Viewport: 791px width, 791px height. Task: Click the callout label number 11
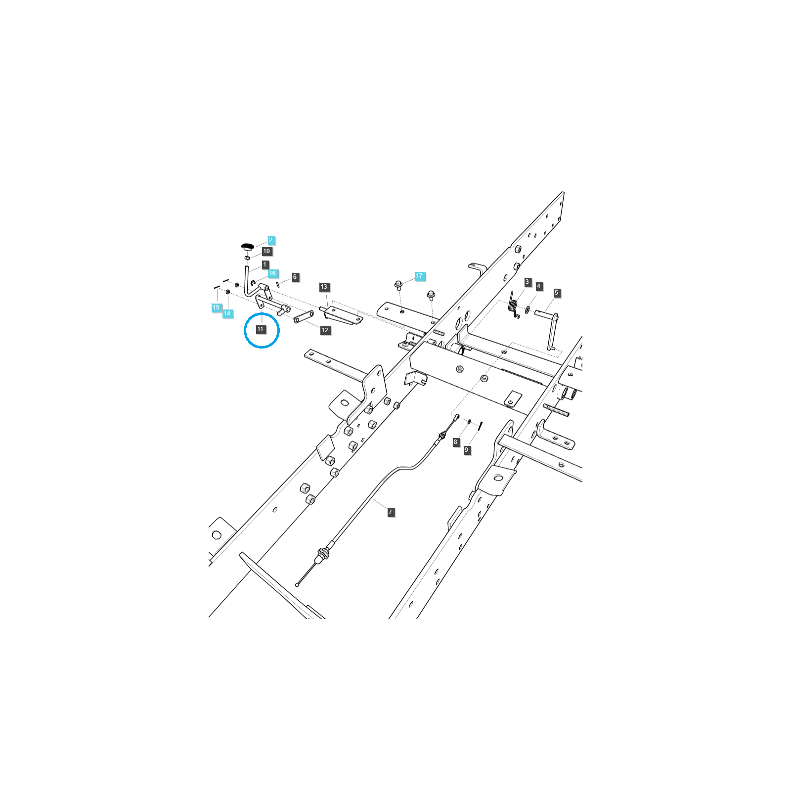click(x=261, y=329)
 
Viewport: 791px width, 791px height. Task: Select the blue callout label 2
click(x=270, y=240)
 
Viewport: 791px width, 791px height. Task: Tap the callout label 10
click(x=266, y=251)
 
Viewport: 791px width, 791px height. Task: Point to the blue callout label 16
click(x=272, y=273)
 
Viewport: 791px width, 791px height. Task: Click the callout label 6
click(x=295, y=277)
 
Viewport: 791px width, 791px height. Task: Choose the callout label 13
click(x=324, y=287)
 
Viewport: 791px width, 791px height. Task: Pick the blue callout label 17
click(x=419, y=276)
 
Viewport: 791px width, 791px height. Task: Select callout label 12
click(x=325, y=330)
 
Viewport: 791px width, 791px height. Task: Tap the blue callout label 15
click(x=216, y=308)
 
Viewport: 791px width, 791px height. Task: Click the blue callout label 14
click(x=227, y=313)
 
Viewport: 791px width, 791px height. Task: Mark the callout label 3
click(x=527, y=282)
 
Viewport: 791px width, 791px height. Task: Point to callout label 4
click(x=539, y=286)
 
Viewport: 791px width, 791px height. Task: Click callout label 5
click(x=556, y=293)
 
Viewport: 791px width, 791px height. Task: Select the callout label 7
click(x=391, y=512)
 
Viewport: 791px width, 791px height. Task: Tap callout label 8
click(x=456, y=442)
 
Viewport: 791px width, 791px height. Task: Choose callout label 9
click(x=466, y=450)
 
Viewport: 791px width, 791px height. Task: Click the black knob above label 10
click(x=247, y=246)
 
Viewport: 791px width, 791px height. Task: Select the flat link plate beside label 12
click(x=304, y=317)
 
